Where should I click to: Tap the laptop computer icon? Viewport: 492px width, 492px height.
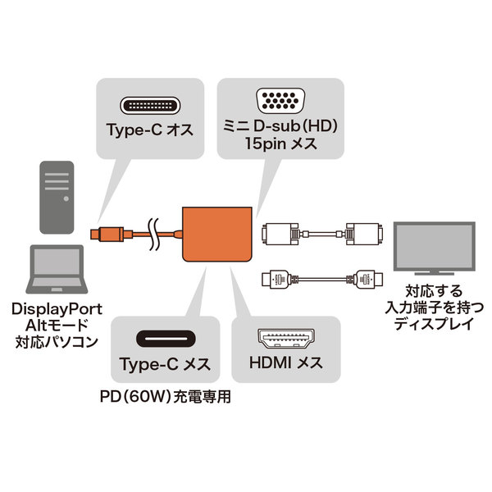[55, 271]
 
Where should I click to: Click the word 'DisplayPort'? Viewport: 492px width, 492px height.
[57, 308]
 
